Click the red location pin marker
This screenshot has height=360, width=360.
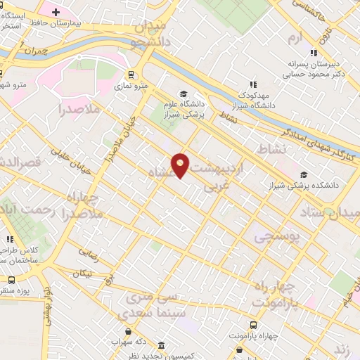tap(181, 165)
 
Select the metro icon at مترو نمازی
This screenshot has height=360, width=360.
tap(130, 75)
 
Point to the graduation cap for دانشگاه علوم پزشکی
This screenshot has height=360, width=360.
tap(184, 94)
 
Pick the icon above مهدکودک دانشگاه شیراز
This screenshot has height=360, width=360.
tap(252, 86)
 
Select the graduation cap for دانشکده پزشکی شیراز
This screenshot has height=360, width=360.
tap(304, 175)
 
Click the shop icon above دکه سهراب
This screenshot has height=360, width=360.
tap(127, 331)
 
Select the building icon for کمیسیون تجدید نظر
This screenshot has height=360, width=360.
tap(162, 346)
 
